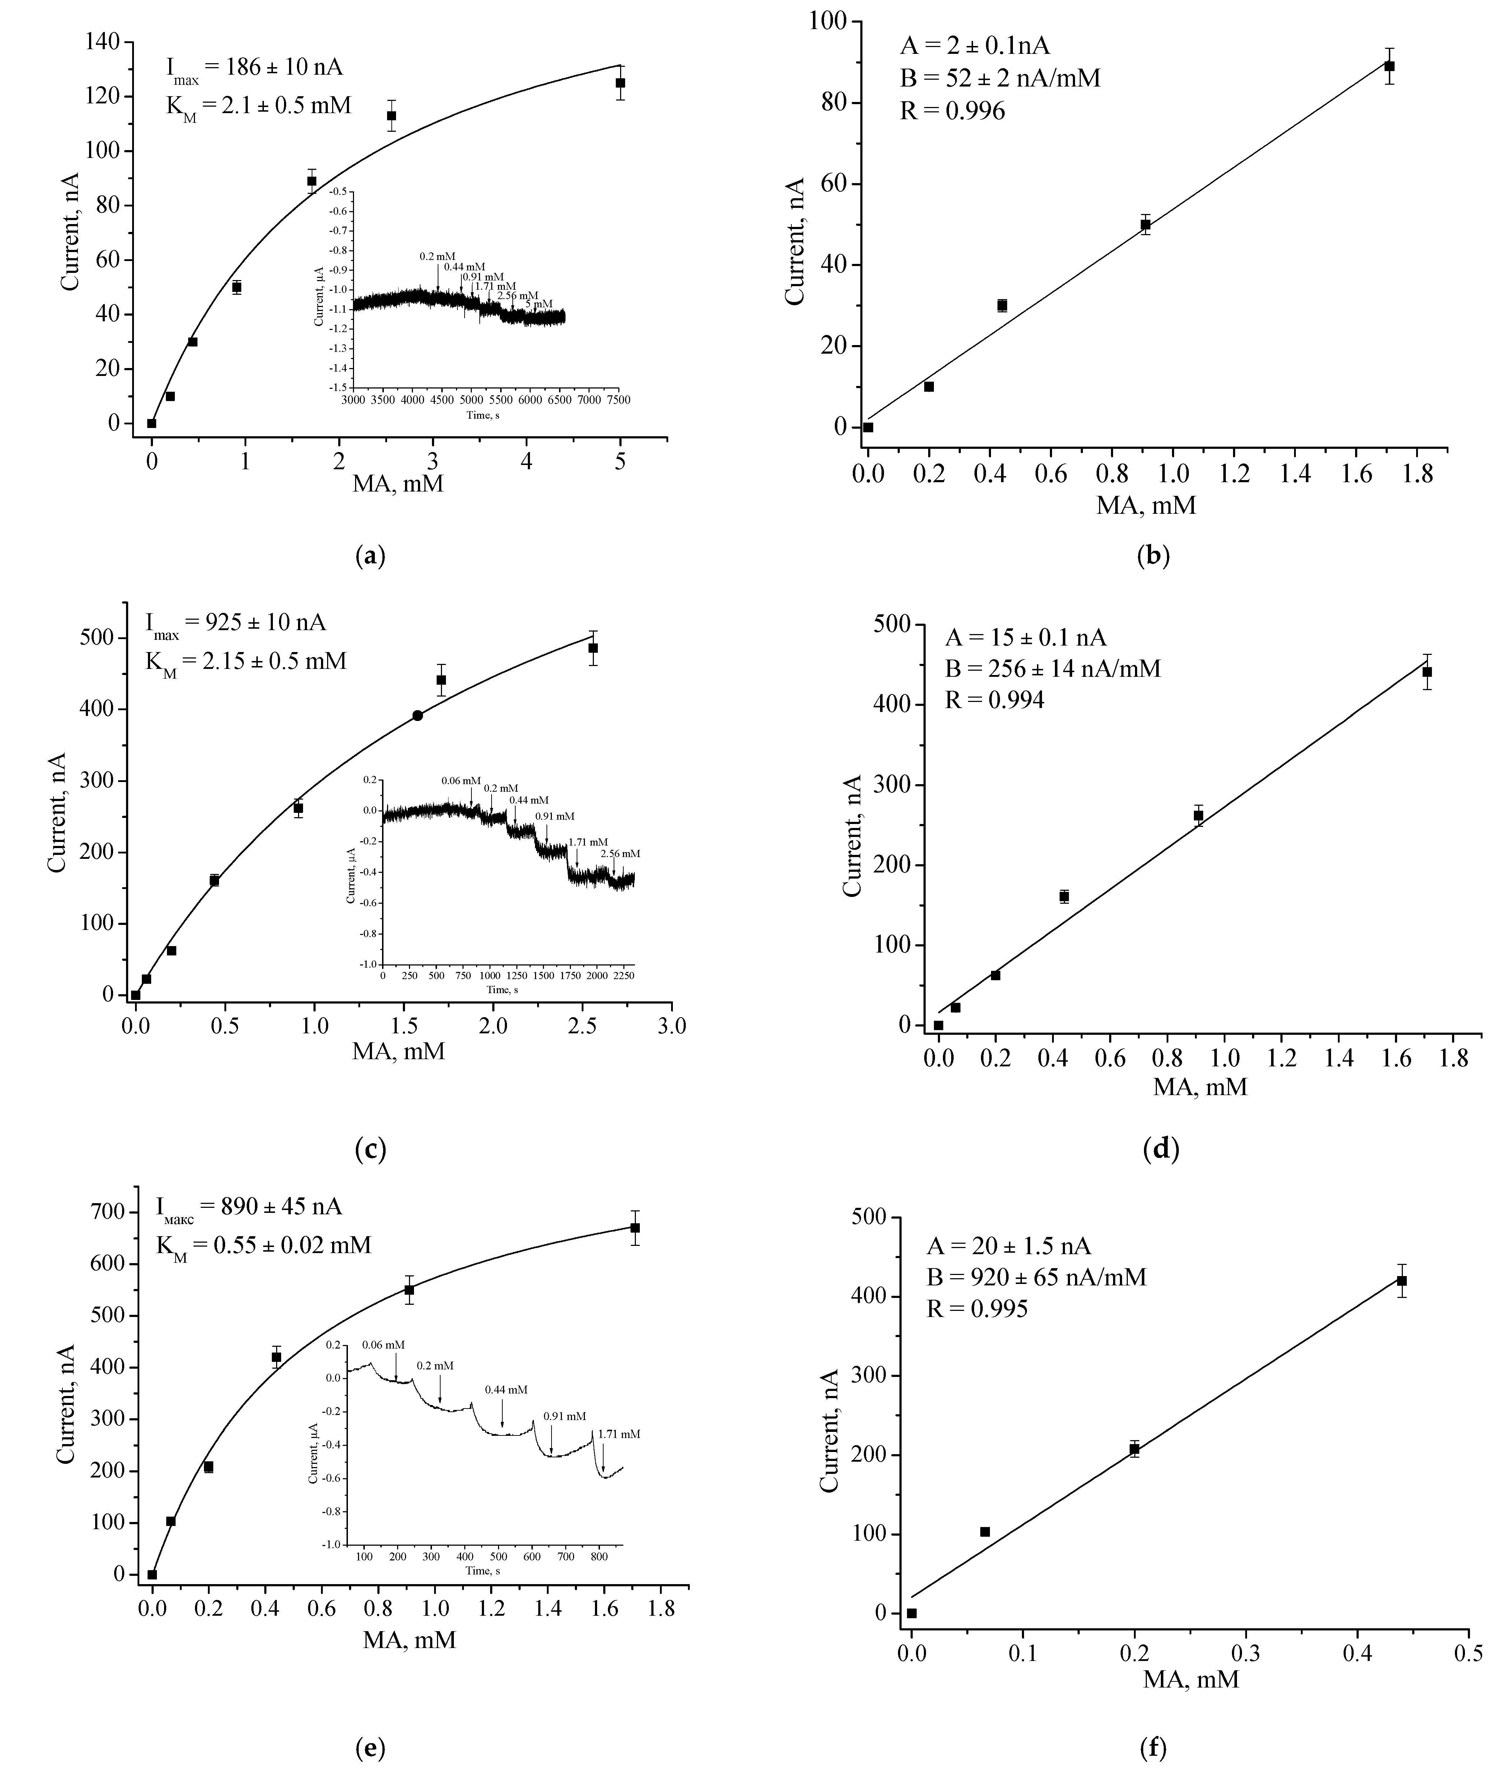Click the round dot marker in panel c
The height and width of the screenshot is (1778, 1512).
coord(418,715)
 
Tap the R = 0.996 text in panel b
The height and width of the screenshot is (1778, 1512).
coord(952,111)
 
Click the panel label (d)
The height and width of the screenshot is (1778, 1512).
coord(1162,1149)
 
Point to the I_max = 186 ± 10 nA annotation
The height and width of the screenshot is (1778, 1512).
coord(255,68)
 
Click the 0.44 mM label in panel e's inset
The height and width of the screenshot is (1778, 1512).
coord(506,1390)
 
